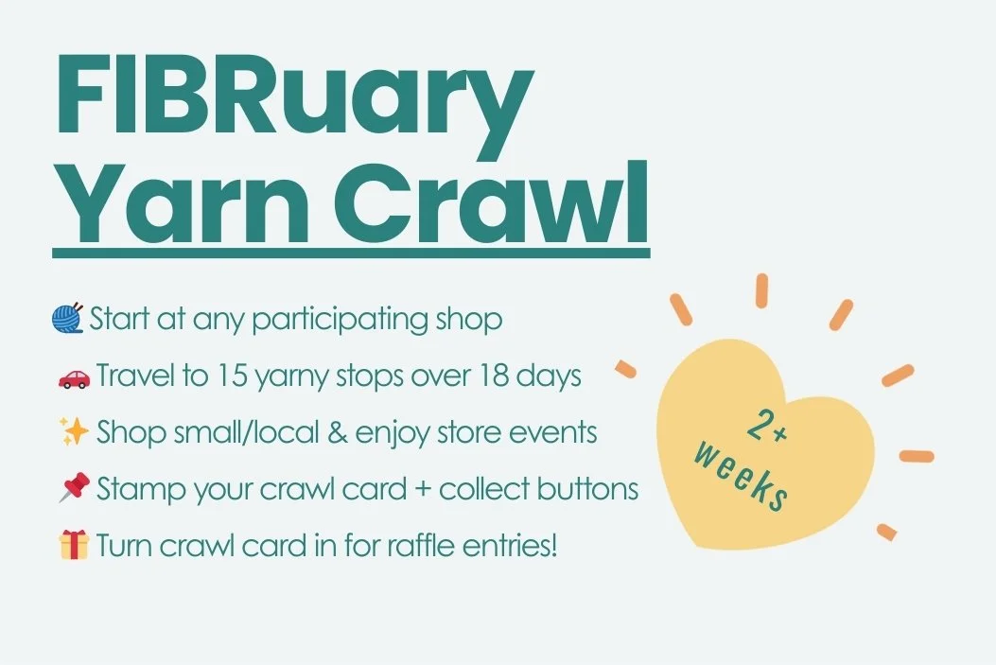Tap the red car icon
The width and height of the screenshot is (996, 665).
point(72,377)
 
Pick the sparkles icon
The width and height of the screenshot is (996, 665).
point(72,432)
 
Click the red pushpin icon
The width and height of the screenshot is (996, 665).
point(72,489)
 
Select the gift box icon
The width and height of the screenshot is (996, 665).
point(72,546)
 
